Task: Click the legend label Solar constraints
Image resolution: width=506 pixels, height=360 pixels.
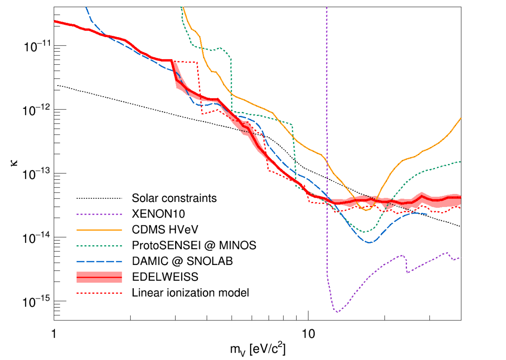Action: (x=174, y=198)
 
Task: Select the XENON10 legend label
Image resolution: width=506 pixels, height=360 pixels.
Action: (x=158, y=214)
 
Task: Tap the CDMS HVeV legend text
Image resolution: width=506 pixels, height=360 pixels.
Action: (x=165, y=230)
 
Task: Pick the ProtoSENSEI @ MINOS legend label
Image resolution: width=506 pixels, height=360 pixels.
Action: (x=194, y=245)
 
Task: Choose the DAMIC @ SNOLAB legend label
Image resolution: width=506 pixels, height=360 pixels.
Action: (x=182, y=261)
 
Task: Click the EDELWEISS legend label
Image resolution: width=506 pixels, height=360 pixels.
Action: (x=165, y=277)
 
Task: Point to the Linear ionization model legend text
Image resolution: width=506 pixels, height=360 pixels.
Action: (x=190, y=292)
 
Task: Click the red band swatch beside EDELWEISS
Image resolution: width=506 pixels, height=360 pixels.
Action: (x=99, y=277)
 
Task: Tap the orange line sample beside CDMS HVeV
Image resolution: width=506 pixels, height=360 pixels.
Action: (x=99, y=230)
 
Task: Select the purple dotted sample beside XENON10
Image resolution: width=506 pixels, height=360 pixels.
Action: (x=99, y=214)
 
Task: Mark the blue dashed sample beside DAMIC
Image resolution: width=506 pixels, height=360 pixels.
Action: (x=99, y=261)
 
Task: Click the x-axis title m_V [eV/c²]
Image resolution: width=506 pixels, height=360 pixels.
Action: (x=258, y=349)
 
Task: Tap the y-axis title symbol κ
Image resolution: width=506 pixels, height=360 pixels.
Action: (x=14, y=163)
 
